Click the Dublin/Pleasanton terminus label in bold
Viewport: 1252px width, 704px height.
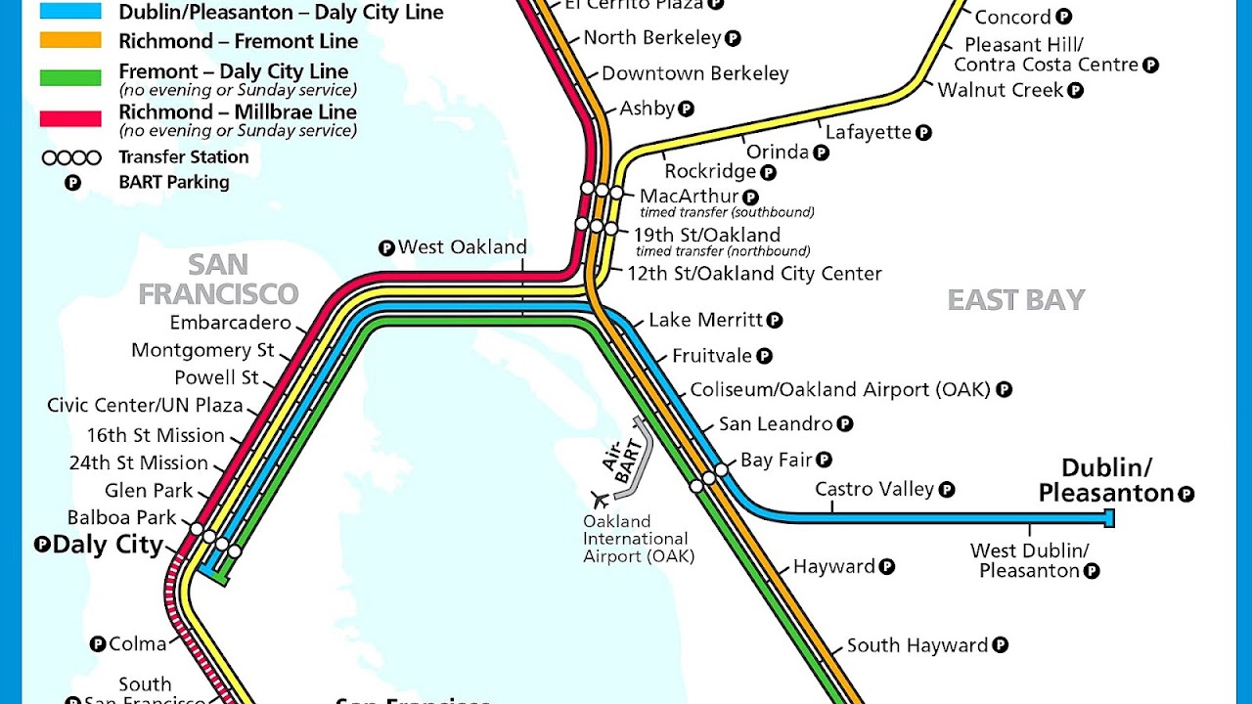[1106, 480]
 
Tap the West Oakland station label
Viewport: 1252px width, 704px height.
[462, 247]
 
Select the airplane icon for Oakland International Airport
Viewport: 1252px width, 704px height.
[599, 500]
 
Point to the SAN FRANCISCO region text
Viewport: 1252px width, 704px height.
[218, 279]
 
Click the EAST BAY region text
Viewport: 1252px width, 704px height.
[1016, 300]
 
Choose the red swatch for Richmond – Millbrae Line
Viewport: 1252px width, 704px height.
[70, 118]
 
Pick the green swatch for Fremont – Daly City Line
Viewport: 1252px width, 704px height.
[70, 78]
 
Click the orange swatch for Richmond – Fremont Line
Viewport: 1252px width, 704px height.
[70, 41]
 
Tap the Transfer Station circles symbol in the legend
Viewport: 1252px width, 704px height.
[70, 157]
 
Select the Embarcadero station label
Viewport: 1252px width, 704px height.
[231, 323]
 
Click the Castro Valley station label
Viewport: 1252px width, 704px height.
[874, 489]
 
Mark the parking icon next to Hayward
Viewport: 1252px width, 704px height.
[886, 566]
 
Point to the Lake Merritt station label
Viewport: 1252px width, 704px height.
[705, 320]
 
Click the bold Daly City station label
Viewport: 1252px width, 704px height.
[108, 545]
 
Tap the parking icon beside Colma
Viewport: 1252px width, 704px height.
[97, 643]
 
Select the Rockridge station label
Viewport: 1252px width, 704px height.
[710, 171]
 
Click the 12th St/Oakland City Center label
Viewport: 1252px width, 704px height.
[754, 274]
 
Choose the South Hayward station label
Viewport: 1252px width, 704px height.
[917, 645]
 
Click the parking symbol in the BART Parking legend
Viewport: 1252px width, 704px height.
[72, 183]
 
